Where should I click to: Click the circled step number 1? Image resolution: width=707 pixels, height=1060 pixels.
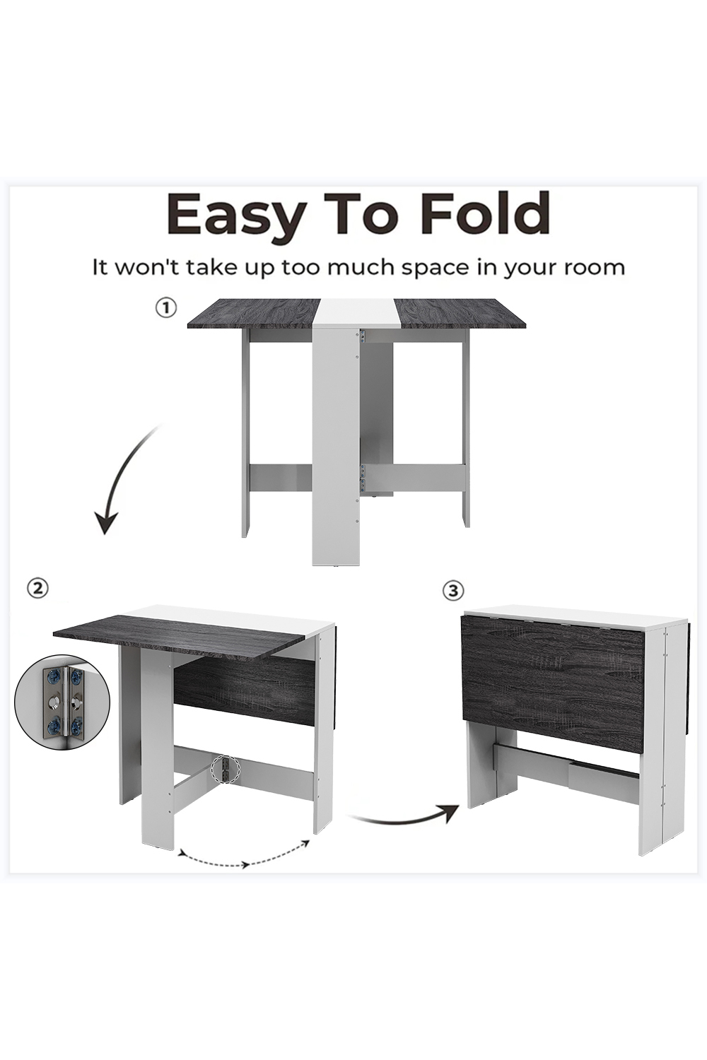[x=166, y=309]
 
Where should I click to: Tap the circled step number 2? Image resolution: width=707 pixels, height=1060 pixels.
[x=38, y=589]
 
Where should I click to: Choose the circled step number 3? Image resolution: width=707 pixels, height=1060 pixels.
[x=454, y=591]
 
